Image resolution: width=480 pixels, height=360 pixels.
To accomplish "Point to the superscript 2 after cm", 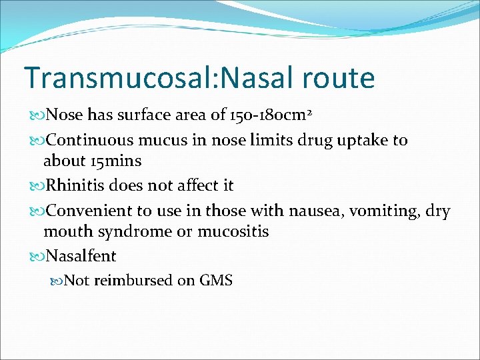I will (x=309, y=111).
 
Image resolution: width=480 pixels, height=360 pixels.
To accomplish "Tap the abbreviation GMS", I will (x=216, y=281).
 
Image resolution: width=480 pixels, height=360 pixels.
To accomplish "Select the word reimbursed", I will (x=133, y=281).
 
